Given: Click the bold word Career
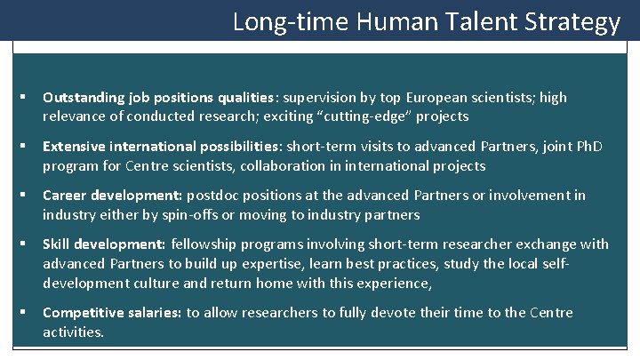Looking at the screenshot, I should tap(65, 195).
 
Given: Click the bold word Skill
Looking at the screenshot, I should tap(56, 244).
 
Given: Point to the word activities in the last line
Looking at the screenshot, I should tap(73, 332).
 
